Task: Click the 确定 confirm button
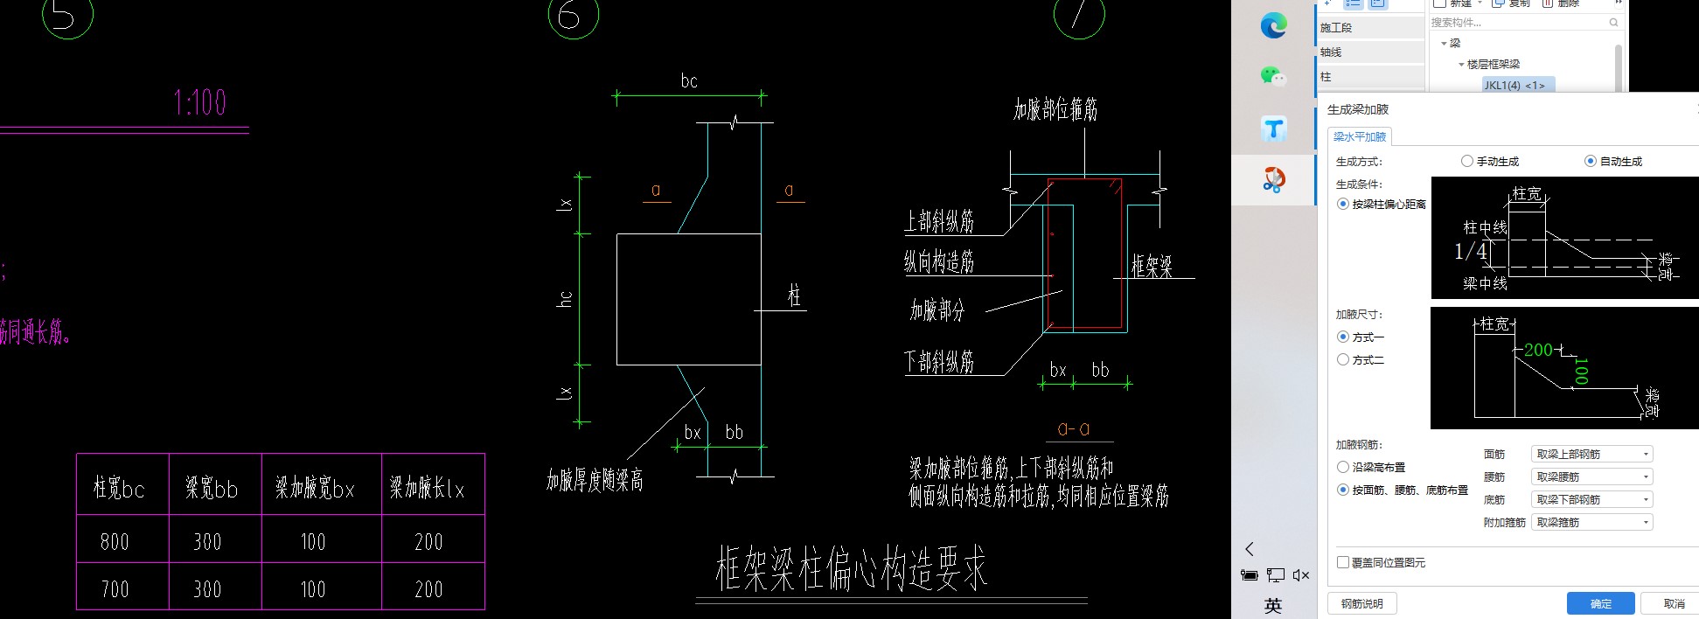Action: click(1600, 603)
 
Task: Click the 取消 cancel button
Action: click(1673, 603)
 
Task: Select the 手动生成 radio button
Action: click(1467, 161)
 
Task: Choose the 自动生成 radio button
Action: click(1591, 161)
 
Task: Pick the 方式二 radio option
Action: click(1343, 359)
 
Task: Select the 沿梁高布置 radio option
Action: click(1343, 467)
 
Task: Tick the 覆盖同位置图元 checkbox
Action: click(1343, 562)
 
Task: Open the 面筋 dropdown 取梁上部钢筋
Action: click(1591, 454)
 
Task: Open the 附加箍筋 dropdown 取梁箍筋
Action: click(1591, 522)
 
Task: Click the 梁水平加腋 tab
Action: click(1359, 136)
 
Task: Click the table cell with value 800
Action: click(115, 542)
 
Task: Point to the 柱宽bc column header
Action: click(119, 488)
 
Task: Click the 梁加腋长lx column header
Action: click(427, 488)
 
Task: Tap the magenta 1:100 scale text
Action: click(200, 103)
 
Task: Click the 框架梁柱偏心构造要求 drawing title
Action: click(851, 568)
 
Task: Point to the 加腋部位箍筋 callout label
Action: click(1055, 110)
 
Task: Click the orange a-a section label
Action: click(1073, 428)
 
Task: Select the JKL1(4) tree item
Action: click(1514, 85)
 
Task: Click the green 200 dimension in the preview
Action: click(1538, 350)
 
